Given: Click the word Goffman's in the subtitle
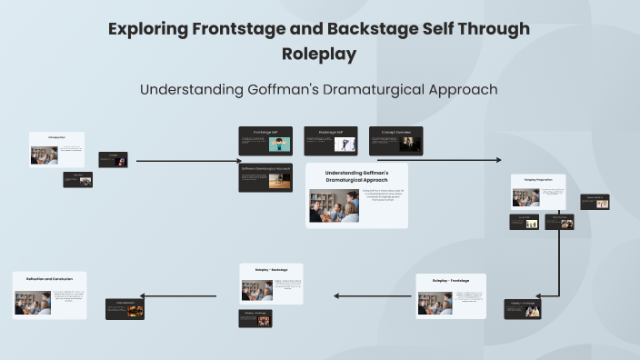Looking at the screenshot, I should tap(274, 89).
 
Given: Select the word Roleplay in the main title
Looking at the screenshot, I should tap(318, 54).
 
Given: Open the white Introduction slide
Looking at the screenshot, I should tap(57, 150).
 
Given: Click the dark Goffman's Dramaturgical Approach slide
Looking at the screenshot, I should tap(265, 177).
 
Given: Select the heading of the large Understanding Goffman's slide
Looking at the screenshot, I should tap(356, 175).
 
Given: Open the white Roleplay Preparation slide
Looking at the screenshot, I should tap(538, 193).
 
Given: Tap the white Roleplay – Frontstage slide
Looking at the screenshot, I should tap(451, 296).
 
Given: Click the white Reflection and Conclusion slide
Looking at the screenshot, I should tap(50, 295).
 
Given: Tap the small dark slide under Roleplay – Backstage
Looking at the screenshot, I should tap(255, 317).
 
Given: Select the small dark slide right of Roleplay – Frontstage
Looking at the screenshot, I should tap(523, 309).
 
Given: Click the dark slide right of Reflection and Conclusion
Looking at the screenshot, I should tap(125, 308).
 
